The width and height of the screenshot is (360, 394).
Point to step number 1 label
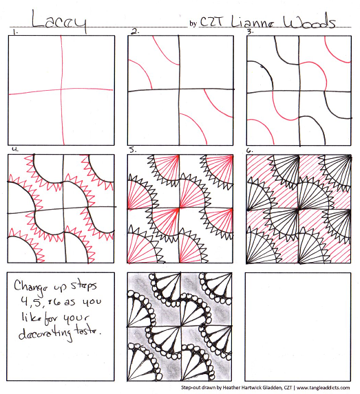pos(12,32)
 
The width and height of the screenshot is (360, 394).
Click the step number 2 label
pos(135,32)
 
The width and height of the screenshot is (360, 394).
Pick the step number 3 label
pos(251,32)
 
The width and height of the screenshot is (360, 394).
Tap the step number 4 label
pos(12,149)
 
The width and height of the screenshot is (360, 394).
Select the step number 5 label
pos(134,149)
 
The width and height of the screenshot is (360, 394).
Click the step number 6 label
pos(251,149)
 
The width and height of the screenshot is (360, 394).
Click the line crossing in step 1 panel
pos(63,91)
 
